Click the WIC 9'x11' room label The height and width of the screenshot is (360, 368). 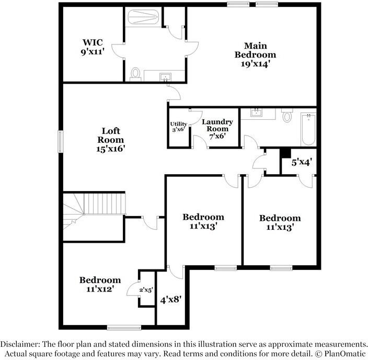pyautogui.click(x=93, y=47)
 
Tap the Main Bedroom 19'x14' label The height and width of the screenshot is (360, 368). pyautogui.click(x=255, y=54)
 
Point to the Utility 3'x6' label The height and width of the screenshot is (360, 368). pyautogui.click(x=179, y=127)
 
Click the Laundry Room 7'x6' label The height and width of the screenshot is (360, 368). pyautogui.click(x=217, y=129)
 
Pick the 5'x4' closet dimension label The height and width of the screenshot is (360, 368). pyautogui.click(x=302, y=163)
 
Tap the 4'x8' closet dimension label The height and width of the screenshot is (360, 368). pyautogui.click(x=170, y=300)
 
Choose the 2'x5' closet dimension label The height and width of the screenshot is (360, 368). pyautogui.click(x=146, y=289)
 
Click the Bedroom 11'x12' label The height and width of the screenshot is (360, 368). pyautogui.click(x=100, y=284)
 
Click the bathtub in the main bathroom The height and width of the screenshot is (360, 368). pyautogui.click(x=143, y=18)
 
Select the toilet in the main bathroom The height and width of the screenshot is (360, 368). pyautogui.click(x=136, y=74)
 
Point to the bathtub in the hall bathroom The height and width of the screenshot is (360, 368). pyautogui.click(x=308, y=129)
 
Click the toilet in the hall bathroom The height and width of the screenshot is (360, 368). pyautogui.click(x=286, y=116)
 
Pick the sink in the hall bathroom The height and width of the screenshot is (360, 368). pyautogui.click(x=257, y=113)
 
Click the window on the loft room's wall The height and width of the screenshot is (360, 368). pyautogui.click(x=60, y=140)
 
